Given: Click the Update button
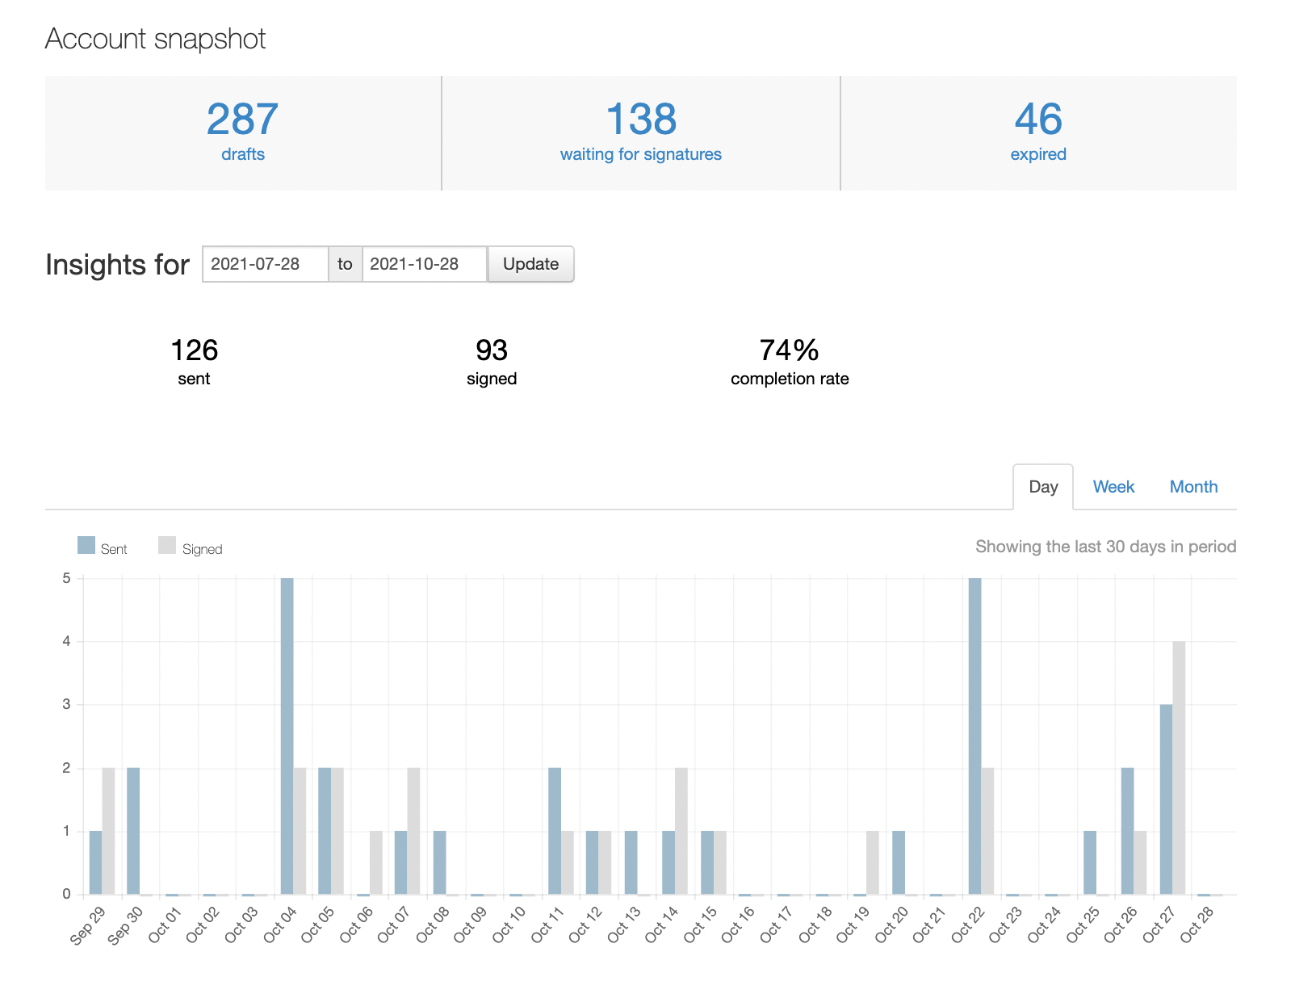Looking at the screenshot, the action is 530,264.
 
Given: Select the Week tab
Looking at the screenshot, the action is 1113,486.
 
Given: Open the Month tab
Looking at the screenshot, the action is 1193,486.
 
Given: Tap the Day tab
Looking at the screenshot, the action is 1042,487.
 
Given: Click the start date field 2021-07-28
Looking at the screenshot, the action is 265,264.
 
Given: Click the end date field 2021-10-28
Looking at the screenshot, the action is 425,264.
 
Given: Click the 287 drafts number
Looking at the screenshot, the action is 243,119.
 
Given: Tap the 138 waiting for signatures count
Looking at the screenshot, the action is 641,119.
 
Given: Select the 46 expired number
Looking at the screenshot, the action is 1038,119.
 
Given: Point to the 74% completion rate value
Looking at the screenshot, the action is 789,350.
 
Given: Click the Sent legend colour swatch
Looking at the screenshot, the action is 86,545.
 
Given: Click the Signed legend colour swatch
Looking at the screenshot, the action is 166,545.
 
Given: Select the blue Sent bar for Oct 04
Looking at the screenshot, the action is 287,736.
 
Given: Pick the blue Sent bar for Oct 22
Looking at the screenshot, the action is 974,736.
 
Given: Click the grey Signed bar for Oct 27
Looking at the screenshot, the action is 1179,768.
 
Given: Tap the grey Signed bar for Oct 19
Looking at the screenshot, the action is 872,862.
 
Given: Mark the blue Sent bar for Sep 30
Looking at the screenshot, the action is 133,831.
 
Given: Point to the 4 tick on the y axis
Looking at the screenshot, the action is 66,641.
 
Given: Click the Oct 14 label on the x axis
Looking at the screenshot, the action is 661,924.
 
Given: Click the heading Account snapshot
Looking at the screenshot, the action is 155,40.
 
